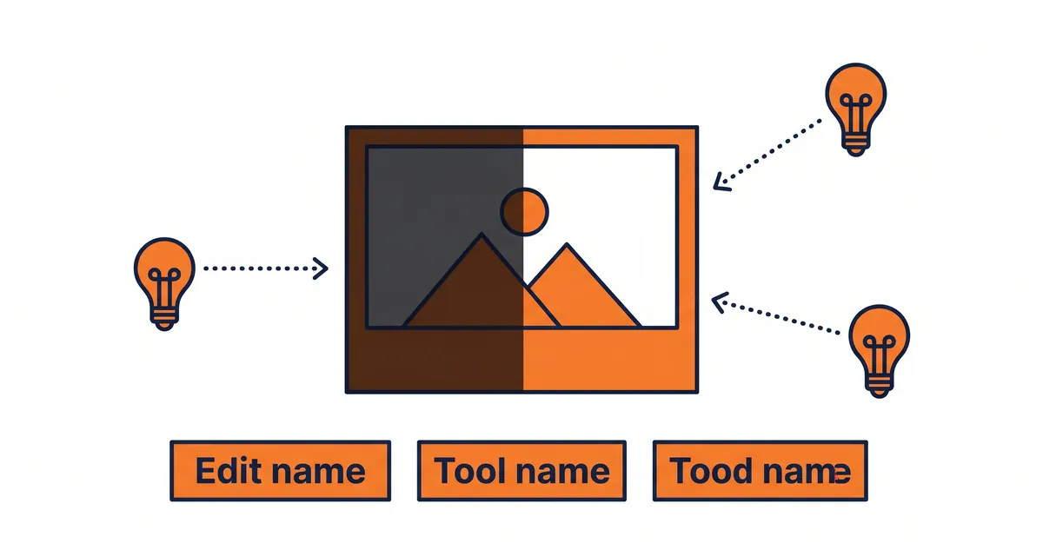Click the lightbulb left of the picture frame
pos(164,278)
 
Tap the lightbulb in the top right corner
pos(855,104)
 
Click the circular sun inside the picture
pos(525,211)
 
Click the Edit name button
pos(280,471)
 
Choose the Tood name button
pos(760,471)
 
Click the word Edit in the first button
pos(227,471)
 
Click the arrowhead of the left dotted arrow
pos(322,268)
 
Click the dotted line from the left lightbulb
pos(261,268)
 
